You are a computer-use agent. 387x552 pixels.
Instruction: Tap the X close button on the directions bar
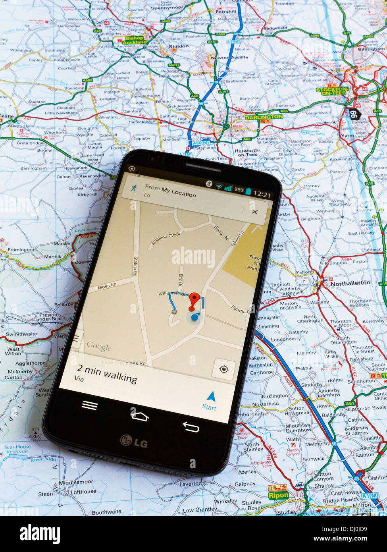(x=254, y=212)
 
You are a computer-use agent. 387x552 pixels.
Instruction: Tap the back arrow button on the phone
(x=191, y=427)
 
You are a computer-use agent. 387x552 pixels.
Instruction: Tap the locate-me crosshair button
(x=224, y=370)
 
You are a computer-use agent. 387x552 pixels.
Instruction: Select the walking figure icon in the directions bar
(x=135, y=188)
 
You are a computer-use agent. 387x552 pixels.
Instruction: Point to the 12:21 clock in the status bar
(x=262, y=195)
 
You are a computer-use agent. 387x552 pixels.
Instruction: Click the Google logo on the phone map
(x=99, y=347)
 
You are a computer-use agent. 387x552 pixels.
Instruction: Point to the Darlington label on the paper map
(x=264, y=117)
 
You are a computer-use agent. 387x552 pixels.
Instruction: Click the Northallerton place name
(x=350, y=283)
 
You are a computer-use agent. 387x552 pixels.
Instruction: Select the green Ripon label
(x=278, y=495)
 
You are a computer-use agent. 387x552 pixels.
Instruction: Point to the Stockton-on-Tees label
(x=332, y=90)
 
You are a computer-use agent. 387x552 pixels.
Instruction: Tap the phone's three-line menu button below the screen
(x=90, y=405)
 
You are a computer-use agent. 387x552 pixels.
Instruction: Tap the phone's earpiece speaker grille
(x=203, y=167)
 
